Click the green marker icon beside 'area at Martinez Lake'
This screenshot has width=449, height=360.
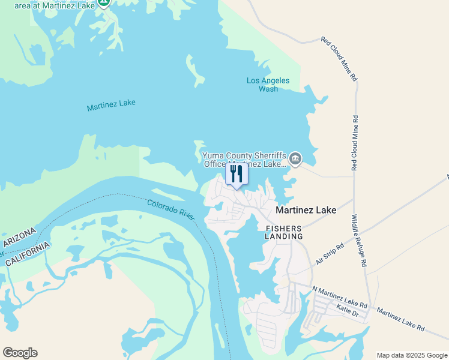103,2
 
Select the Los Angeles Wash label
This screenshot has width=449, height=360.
268,85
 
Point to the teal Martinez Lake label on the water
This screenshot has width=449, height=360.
111,105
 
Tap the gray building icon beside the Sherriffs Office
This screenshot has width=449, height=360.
295,159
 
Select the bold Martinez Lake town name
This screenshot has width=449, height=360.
306,210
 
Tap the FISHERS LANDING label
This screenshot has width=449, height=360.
284,232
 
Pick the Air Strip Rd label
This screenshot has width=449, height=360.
330,254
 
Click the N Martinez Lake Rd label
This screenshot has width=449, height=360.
340,289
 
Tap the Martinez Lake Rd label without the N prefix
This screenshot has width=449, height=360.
401,319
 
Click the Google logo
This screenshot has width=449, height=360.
20,353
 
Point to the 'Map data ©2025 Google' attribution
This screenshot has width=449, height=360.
411,355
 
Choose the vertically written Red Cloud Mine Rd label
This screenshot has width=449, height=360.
355,142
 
